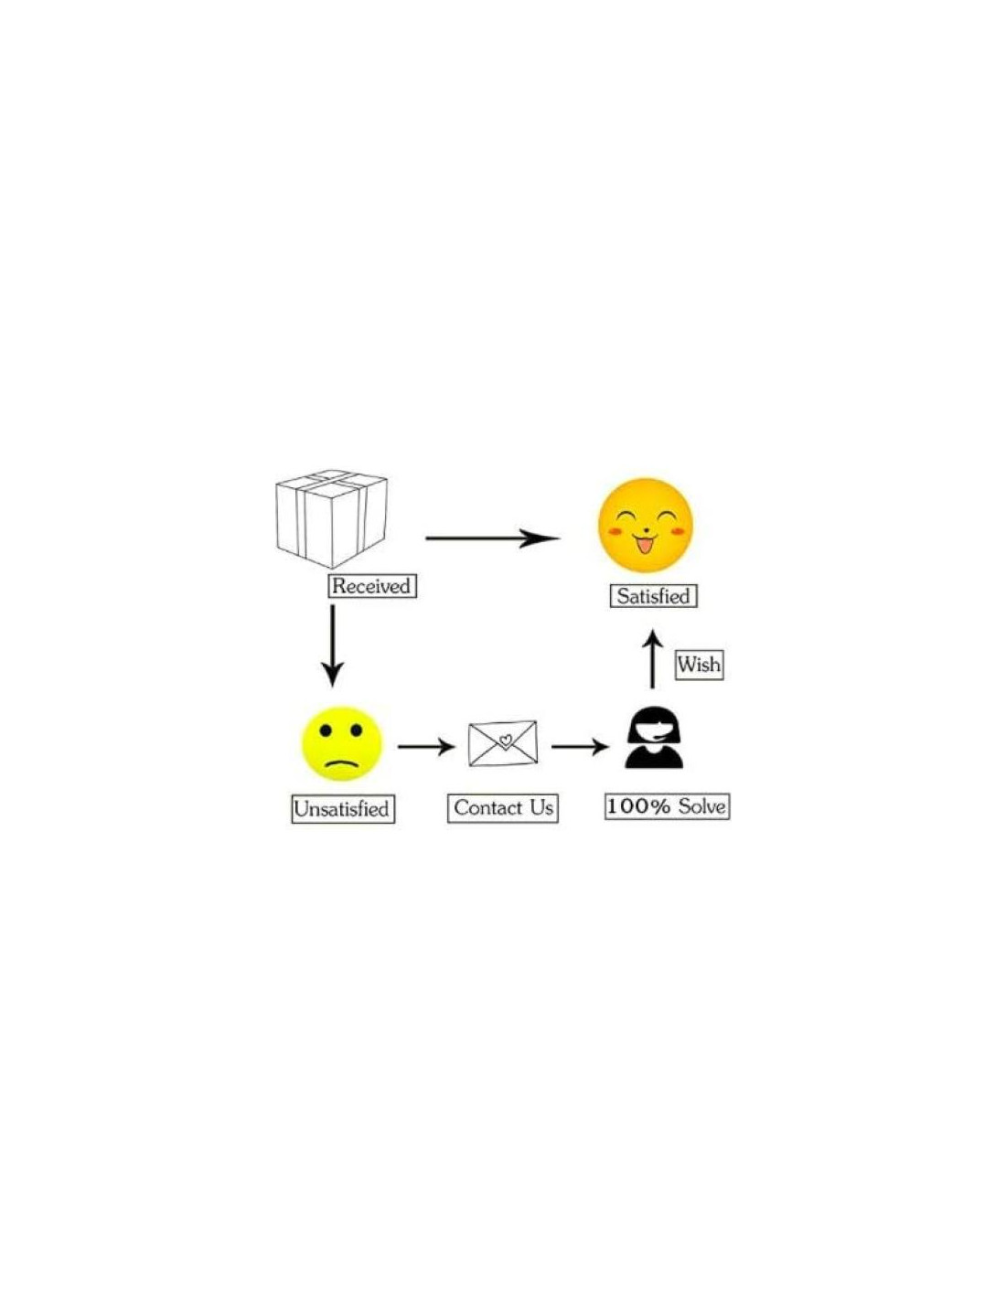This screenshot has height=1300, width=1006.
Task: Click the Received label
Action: (x=372, y=586)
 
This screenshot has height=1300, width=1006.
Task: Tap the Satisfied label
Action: (x=654, y=596)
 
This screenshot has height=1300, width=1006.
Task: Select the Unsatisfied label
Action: (x=343, y=809)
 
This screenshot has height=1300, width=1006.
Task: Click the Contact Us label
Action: (x=503, y=808)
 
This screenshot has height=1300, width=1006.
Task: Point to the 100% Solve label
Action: (x=668, y=806)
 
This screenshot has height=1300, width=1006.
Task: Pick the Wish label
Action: (x=700, y=665)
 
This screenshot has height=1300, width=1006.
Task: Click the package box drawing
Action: (x=331, y=518)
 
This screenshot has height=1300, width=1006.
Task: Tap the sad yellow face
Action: (x=341, y=743)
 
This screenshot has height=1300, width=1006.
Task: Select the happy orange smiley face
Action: (x=646, y=525)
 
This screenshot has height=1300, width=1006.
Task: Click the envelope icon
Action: (x=503, y=743)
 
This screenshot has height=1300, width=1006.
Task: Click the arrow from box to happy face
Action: (x=492, y=538)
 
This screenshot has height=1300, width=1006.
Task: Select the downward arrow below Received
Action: (x=333, y=646)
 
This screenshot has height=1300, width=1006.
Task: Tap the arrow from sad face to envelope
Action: (x=426, y=747)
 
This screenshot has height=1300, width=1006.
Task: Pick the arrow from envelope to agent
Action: (x=580, y=747)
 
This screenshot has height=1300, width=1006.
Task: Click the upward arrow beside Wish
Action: (x=653, y=658)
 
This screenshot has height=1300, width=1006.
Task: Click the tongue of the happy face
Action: (x=645, y=546)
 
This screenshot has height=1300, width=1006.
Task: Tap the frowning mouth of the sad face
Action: (x=342, y=762)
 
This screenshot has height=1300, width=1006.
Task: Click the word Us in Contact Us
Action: (x=540, y=807)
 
